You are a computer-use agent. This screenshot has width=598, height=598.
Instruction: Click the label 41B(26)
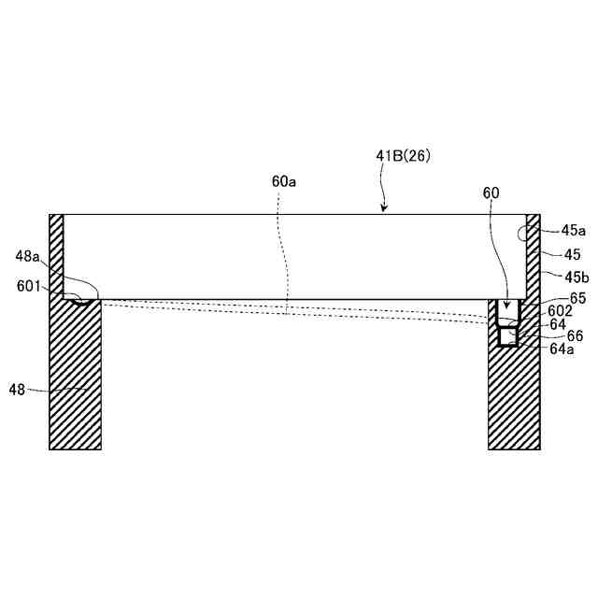pos(403,156)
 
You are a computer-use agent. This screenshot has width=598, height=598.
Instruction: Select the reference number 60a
pos(284,182)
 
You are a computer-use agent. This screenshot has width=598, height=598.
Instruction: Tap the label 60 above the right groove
pos(491,193)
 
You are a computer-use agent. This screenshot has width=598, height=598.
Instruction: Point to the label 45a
pos(573,231)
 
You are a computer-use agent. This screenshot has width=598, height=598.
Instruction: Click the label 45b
pos(577,278)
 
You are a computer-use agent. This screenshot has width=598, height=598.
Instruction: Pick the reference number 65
pos(577,298)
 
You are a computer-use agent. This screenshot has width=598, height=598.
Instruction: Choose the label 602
pos(560,311)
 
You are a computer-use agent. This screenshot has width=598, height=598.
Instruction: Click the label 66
pos(576,336)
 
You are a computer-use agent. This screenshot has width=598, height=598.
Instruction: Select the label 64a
pos(562,349)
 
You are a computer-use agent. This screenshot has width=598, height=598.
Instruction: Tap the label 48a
pos(27,256)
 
